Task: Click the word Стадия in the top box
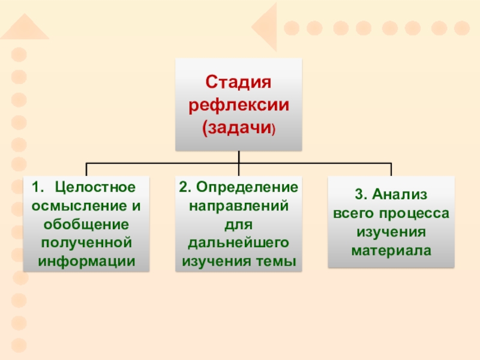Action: pyautogui.click(x=239, y=82)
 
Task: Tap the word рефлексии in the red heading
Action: pyautogui.click(x=239, y=106)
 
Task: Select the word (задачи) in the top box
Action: pyautogui.click(x=239, y=128)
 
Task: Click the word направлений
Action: pyautogui.click(x=239, y=205)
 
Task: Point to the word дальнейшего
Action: pyautogui.click(x=239, y=243)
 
